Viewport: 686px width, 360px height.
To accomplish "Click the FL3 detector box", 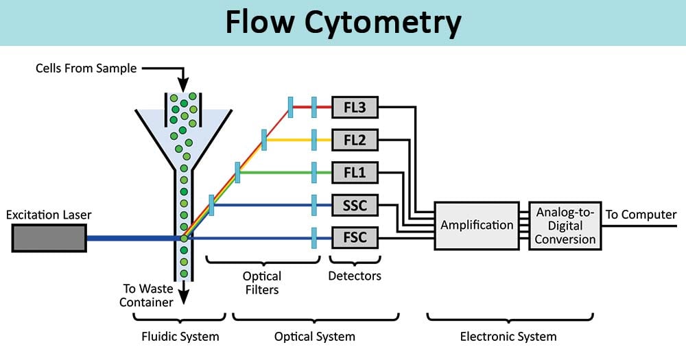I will pyautogui.click(x=355, y=107).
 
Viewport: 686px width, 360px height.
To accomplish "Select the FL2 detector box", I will pyautogui.click(x=355, y=140).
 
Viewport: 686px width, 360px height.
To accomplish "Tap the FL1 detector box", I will pyautogui.click(x=355, y=173).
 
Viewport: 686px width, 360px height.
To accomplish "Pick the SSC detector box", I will pyautogui.click(x=355, y=205).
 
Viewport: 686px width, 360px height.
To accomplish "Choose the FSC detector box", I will pyautogui.click(x=355, y=238).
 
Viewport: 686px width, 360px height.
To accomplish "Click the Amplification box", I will pyautogui.click(x=477, y=225).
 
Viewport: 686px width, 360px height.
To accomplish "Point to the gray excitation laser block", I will pyautogui.click(x=49, y=238).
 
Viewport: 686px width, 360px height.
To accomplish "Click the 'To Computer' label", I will pyautogui.click(x=640, y=215).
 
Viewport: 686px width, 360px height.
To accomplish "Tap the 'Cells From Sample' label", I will pyautogui.click(x=87, y=68).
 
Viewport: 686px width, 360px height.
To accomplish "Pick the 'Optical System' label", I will pyautogui.click(x=315, y=337).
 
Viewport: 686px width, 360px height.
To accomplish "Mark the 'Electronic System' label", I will pyautogui.click(x=508, y=337).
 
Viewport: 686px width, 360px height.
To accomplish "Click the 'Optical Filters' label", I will pyautogui.click(x=262, y=283).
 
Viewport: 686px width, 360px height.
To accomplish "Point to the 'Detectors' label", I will pyautogui.click(x=355, y=276).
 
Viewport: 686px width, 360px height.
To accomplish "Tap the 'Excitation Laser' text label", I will pyautogui.click(x=49, y=215).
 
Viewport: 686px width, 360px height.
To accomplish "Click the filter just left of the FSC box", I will pyautogui.click(x=314, y=238).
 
